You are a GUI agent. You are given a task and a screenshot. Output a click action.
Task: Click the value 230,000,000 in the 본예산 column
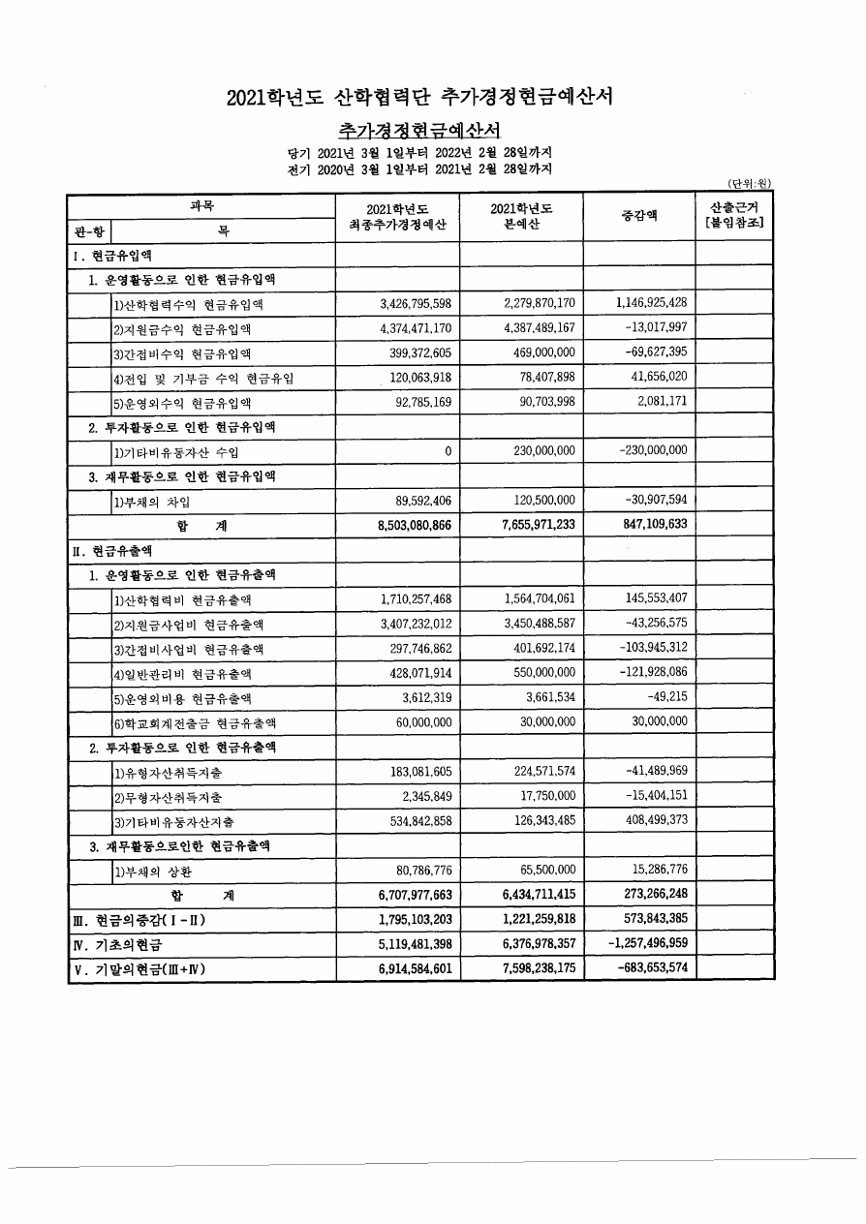pos(538,451)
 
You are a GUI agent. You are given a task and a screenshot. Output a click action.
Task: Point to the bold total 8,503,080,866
pos(403,525)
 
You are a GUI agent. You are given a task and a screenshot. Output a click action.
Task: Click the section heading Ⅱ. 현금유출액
pos(112,551)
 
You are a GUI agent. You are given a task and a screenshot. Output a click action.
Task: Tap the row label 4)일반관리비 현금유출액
pos(189,674)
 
